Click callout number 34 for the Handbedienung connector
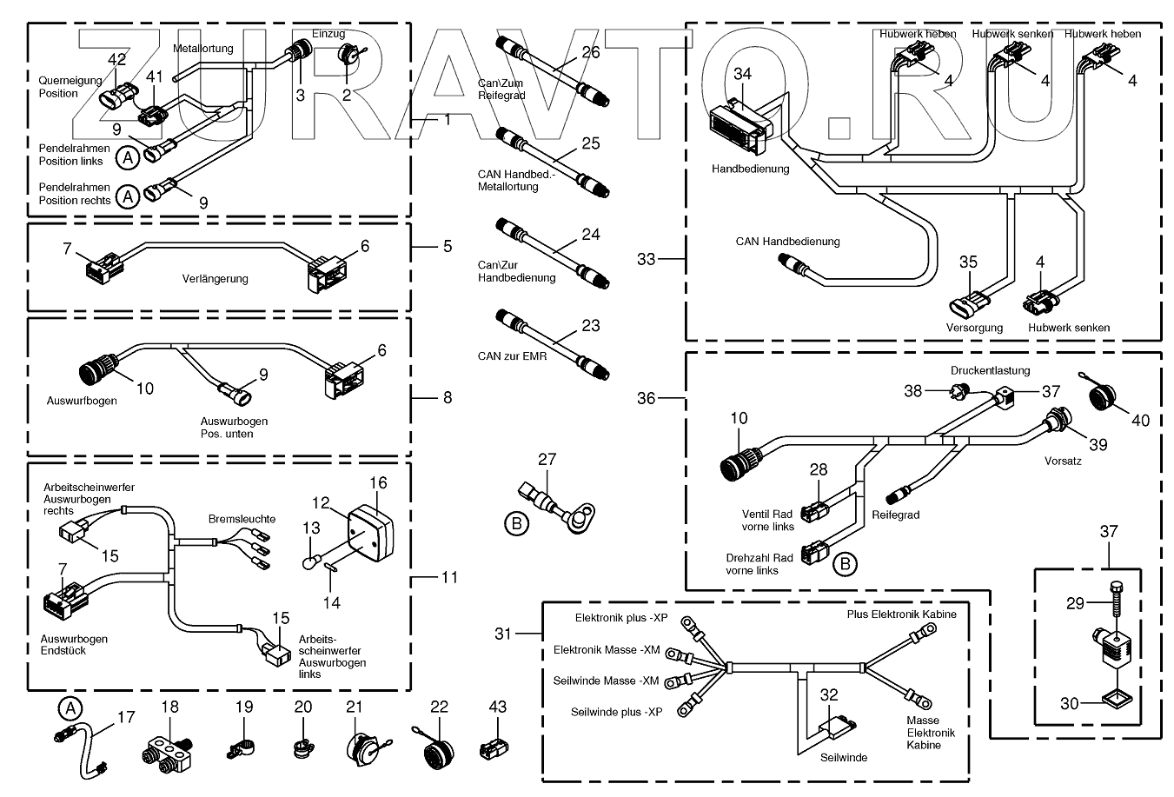(x=742, y=74)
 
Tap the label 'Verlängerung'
(x=215, y=279)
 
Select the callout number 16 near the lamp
(x=378, y=483)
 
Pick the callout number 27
(x=546, y=460)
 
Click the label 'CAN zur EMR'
(x=512, y=356)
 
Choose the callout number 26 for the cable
(x=590, y=52)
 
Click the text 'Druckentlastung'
(x=990, y=370)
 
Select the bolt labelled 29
(x=1114, y=603)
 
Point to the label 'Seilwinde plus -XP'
(x=616, y=712)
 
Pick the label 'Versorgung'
(x=974, y=328)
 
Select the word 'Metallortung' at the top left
(x=203, y=49)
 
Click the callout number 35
(x=968, y=262)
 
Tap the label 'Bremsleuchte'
(x=242, y=519)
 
